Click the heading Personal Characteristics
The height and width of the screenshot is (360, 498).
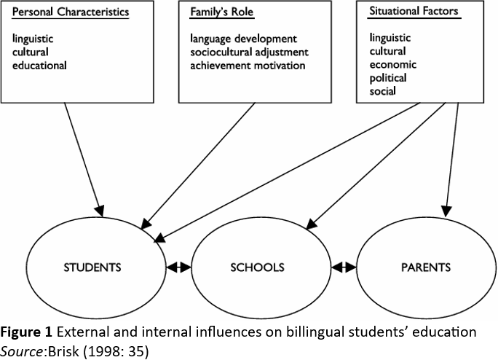[x=71, y=12]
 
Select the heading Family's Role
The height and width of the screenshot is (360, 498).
[x=221, y=12]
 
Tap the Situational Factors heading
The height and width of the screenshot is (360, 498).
[x=414, y=11]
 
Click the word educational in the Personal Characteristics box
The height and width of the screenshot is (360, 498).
[x=39, y=66]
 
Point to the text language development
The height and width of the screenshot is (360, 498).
[x=243, y=39]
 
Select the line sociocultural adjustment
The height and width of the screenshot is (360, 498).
[x=249, y=52]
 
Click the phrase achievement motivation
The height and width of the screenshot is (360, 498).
[x=248, y=66]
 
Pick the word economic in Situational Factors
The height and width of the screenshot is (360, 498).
[x=393, y=65]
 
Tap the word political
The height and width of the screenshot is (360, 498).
[x=388, y=78]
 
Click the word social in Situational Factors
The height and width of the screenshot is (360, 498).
[x=382, y=91]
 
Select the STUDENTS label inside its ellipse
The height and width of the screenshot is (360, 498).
[x=92, y=267]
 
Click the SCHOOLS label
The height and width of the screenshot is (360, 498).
[x=257, y=267]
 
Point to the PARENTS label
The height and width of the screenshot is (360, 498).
[x=426, y=267]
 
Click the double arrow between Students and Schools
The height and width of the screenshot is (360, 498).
[x=179, y=267]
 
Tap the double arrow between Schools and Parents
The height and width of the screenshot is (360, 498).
[x=344, y=267]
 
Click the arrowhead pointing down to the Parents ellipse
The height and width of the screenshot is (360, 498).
[x=446, y=212]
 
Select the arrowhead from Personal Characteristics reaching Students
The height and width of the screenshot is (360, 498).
[x=100, y=211]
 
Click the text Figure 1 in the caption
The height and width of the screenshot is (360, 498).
[x=26, y=332]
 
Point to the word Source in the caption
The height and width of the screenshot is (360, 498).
[x=22, y=351]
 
